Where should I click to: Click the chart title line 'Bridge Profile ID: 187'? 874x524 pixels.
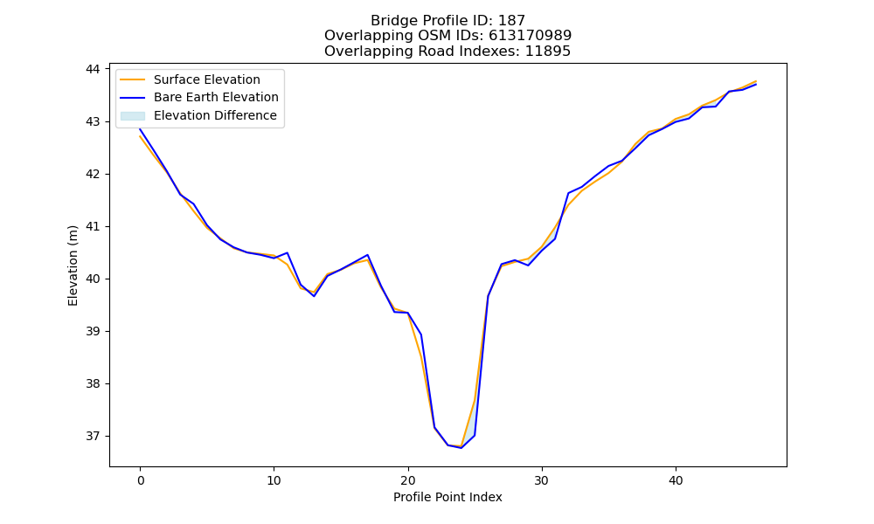tap(447, 21)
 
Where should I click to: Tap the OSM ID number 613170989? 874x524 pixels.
tap(531, 36)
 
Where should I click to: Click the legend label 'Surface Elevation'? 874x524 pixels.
tap(207, 79)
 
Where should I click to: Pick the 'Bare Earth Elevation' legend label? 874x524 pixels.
tap(216, 97)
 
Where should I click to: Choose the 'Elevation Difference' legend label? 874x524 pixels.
tap(215, 115)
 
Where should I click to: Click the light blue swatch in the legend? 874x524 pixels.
tap(133, 116)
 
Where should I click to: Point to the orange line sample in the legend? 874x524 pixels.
tap(133, 79)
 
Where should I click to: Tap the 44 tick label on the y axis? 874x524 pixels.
tap(93, 69)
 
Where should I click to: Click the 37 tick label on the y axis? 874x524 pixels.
tap(93, 436)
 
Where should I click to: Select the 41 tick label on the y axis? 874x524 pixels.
tap(93, 227)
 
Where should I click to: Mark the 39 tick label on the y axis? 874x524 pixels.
tap(93, 331)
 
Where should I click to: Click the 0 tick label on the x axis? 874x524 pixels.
tap(141, 480)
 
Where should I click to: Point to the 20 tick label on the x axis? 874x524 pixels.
tap(408, 480)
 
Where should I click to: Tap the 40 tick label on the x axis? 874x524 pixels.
tap(676, 480)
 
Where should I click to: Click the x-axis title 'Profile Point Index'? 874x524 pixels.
tap(447, 497)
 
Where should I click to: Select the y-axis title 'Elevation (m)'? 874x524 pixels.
tap(73, 265)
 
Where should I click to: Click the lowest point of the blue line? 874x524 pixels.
tap(461, 448)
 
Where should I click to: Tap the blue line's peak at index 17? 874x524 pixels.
tap(368, 255)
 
